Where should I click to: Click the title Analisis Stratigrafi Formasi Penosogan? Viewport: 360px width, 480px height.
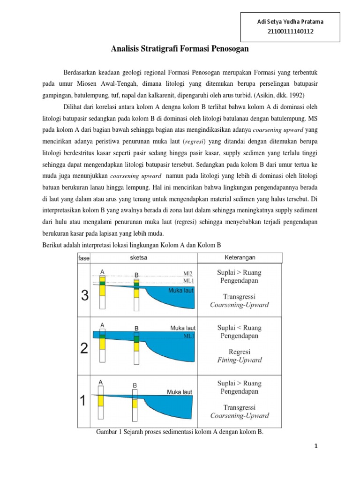[180, 49]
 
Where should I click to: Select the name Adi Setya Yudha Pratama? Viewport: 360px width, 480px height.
[291, 22]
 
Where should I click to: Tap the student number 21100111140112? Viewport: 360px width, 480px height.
[291, 31]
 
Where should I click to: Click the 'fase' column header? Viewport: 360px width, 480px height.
[84, 258]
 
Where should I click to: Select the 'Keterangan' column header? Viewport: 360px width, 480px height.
[240, 257]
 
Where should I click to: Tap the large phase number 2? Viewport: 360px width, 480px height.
[84, 349]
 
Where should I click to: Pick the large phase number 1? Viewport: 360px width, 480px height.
[84, 401]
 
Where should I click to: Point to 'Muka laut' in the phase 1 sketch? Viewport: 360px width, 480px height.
[179, 391]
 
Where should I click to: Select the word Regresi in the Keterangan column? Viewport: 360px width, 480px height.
[240, 352]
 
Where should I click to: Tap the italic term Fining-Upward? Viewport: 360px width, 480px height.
[240, 360]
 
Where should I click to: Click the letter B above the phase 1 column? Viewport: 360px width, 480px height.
[135, 385]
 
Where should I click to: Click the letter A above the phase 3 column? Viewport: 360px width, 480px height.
[102, 271]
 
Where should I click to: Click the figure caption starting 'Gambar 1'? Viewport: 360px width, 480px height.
[180, 432]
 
